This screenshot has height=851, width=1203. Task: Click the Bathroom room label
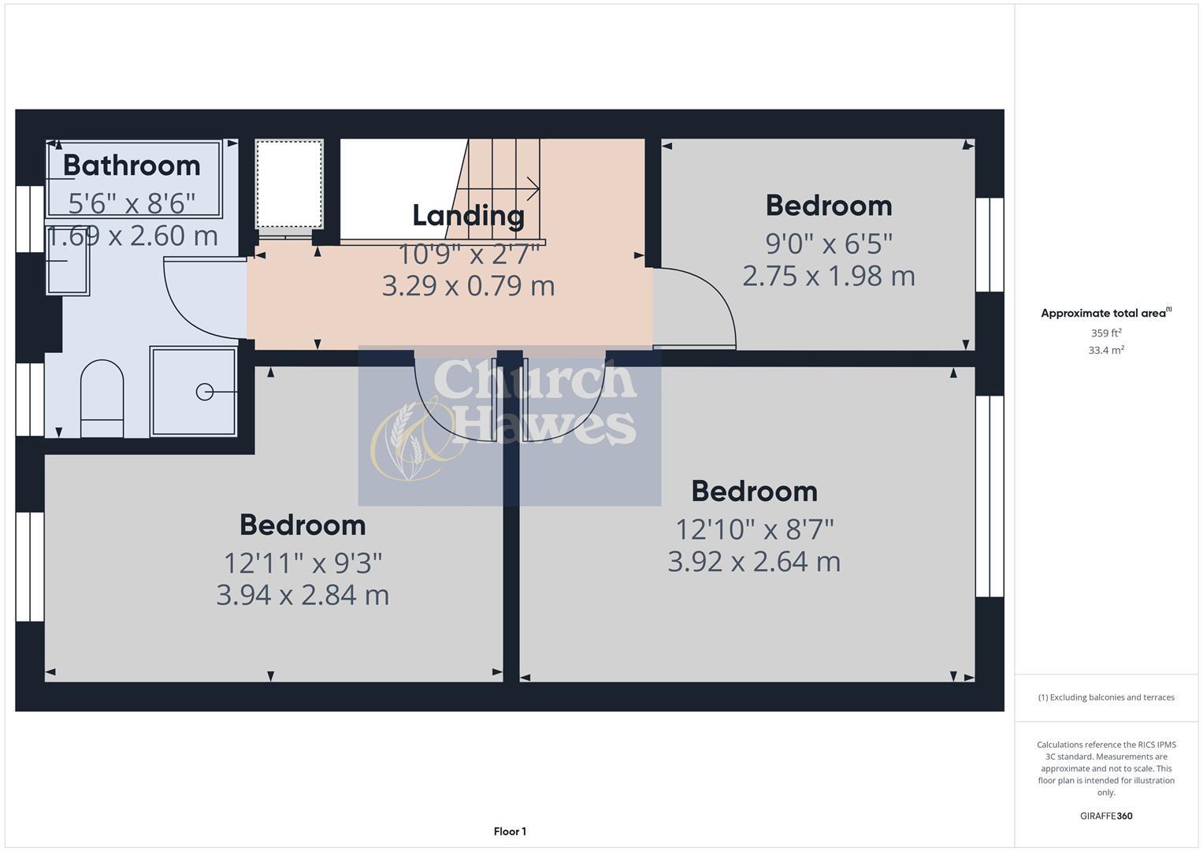pyautogui.click(x=132, y=165)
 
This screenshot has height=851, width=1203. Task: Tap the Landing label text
pyautogui.click(x=468, y=215)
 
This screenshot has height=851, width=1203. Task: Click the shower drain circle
pyautogui.click(x=204, y=391)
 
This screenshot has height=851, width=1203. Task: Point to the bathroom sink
pyautogui.click(x=68, y=265)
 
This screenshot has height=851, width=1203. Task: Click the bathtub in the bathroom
pyautogui.click(x=134, y=179)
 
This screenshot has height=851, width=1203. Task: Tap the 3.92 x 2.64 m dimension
pyautogui.click(x=754, y=562)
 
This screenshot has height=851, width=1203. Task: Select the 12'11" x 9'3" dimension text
pyautogui.click(x=303, y=563)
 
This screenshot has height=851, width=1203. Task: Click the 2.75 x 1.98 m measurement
pyautogui.click(x=829, y=276)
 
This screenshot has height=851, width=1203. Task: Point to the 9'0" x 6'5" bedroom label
pyautogui.click(x=829, y=243)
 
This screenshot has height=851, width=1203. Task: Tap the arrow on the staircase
pyautogui.click(x=533, y=189)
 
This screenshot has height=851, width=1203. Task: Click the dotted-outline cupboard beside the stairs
pyautogui.click(x=289, y=184)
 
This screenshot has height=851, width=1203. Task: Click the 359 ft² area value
pyautogui.click(x=1106, y=333)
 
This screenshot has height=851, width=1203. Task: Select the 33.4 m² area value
pyautogui.click(x=1106, y=351)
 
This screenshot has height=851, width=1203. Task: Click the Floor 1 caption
pyautogui.click(x=510, y=831)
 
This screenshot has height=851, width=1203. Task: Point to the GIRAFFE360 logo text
pyautogui.click(x=1106, y=816)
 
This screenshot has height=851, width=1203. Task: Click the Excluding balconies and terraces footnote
pyautogui.click(x=1106, y=697)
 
